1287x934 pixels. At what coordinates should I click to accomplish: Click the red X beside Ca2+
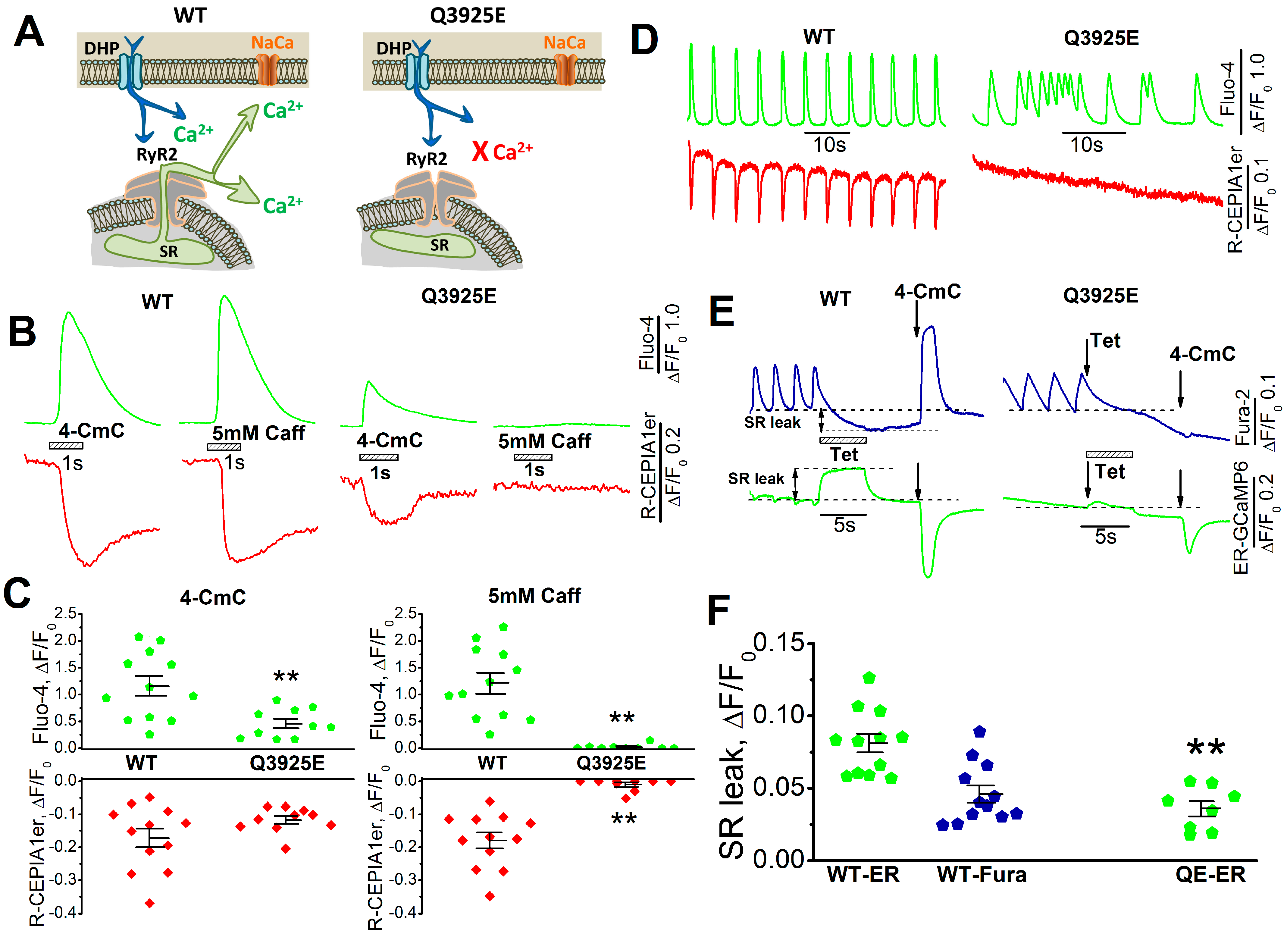480,152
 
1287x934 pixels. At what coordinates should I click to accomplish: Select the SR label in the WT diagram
168,251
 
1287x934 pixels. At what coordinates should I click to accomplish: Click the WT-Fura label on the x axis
982,874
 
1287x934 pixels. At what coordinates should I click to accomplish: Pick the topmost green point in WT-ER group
869,678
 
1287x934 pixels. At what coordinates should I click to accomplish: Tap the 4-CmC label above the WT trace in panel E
927,292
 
